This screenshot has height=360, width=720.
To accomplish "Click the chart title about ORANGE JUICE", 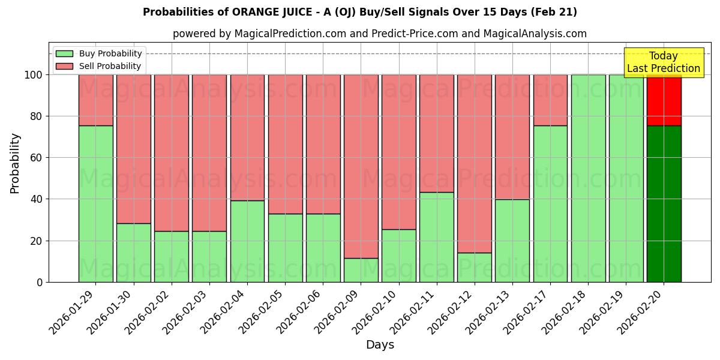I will [360, 12].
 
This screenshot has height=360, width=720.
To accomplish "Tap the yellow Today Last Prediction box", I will [663, 62].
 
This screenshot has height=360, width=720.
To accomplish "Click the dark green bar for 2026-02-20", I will [664, 204].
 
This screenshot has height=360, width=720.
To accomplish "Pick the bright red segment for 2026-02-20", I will [664, 100].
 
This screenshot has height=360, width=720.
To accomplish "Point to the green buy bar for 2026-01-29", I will [95, 204].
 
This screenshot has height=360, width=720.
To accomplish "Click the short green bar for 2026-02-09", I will [361, 270].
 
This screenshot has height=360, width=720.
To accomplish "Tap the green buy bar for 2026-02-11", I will [437, 237].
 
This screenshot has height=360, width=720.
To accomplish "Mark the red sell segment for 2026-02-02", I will [172, 152].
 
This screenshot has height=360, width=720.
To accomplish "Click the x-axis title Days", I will [380, 345].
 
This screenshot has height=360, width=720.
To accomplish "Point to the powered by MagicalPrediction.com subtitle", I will [380, 34].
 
